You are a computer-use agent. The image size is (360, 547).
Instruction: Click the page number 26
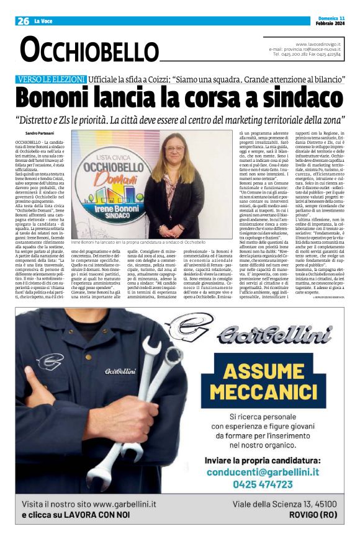point(23,21)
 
